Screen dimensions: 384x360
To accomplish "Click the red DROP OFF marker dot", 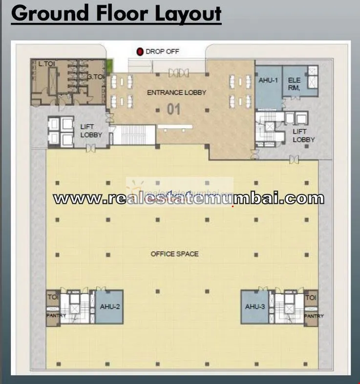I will (x=140, y=51).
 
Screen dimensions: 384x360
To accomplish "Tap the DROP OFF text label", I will (x=162, y=51).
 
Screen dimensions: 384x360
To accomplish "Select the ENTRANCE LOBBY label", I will (x=177, y=92).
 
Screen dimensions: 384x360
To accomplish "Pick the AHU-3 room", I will (x=254, y=307).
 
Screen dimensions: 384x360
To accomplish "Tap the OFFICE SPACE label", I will (x=174, y=254).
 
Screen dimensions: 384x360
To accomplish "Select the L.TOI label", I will (x=46, y=64).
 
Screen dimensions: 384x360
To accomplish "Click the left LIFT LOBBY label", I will (x=90, y=131).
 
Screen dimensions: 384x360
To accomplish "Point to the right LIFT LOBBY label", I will (x=303, y=135).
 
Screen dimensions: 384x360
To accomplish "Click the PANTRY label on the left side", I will (x=53, y=316).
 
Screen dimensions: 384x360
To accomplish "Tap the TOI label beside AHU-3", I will (x=311, y=298).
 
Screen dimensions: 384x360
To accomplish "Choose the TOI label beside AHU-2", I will (x=52, y=297).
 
